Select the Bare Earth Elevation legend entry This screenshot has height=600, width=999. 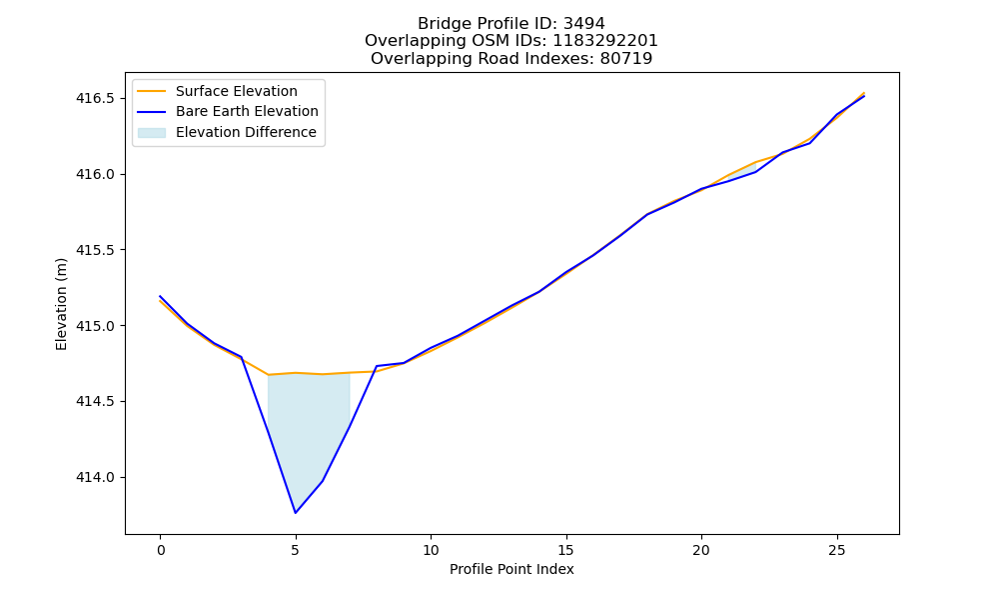(228, 111)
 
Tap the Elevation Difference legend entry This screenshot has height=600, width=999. (227, 132)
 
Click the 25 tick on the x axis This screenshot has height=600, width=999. (836, 550)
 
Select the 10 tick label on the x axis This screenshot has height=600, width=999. (431, 550)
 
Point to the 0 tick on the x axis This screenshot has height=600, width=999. (161, 550)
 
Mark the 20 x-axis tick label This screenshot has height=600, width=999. (701, 550)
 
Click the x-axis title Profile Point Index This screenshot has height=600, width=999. (511, 569)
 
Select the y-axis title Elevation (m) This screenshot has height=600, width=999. (61, 304)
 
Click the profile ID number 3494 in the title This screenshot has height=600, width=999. (584, 24)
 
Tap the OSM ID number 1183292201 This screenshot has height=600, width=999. (604, 41)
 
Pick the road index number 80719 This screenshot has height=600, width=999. (626, 59)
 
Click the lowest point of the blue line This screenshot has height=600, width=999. (296, 513)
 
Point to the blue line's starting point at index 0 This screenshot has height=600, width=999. (160, 296)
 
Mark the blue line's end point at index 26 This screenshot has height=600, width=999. (864, 96)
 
